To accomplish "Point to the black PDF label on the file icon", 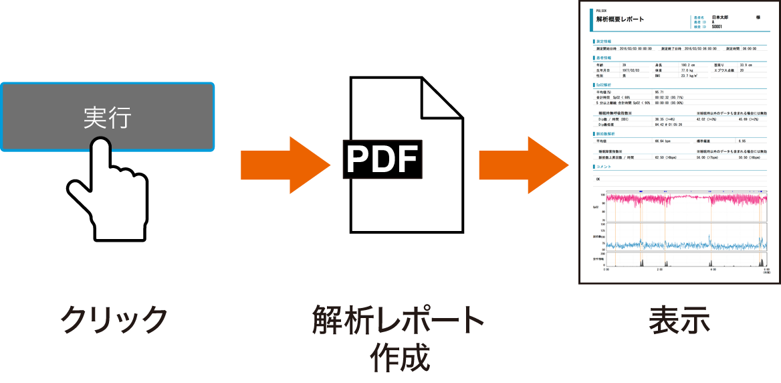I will click(383, 159).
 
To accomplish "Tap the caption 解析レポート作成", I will click(399, 338).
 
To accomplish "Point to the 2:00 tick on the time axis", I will click(659, 269).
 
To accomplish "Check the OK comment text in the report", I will click(597, 179).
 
